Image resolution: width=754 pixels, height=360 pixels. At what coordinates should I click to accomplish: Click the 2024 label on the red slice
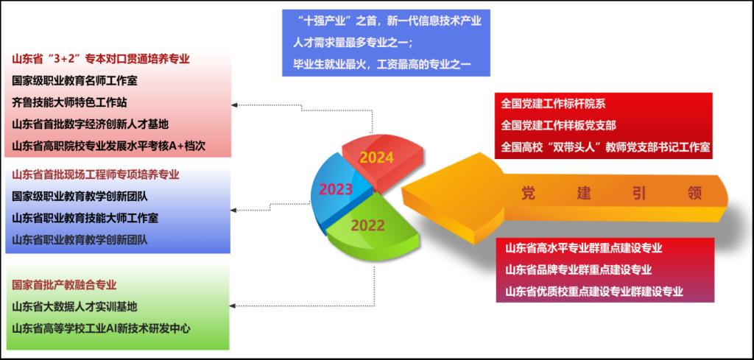376,158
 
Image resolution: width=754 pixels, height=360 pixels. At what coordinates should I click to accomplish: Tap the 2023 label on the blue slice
336,189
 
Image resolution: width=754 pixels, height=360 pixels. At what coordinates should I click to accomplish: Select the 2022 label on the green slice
367,225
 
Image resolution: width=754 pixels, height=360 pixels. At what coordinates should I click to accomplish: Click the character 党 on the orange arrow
529,193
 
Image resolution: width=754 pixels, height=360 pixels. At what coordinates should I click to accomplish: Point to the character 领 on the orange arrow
695,193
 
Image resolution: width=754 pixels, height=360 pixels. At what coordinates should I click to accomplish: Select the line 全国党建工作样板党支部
558,125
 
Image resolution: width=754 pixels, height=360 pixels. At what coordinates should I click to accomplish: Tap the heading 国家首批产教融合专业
65,285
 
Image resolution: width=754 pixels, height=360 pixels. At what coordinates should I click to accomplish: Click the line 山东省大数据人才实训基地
74,307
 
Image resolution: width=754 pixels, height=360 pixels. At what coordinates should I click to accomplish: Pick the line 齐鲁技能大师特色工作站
70,102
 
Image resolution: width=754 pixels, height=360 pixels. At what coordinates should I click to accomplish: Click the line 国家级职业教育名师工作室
74,81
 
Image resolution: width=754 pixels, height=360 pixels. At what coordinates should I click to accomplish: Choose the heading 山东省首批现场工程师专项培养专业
96,174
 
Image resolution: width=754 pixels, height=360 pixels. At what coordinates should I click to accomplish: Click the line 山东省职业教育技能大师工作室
85,218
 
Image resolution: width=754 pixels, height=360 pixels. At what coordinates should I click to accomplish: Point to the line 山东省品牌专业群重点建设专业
579,269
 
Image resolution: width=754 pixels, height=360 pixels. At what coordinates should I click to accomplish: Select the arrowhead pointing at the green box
234,306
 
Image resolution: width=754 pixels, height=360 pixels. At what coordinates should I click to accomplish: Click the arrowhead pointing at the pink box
234,105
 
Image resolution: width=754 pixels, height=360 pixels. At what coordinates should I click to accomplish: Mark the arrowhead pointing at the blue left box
234,210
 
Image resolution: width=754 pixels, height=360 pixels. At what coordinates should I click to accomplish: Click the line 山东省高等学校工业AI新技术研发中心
101,329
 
